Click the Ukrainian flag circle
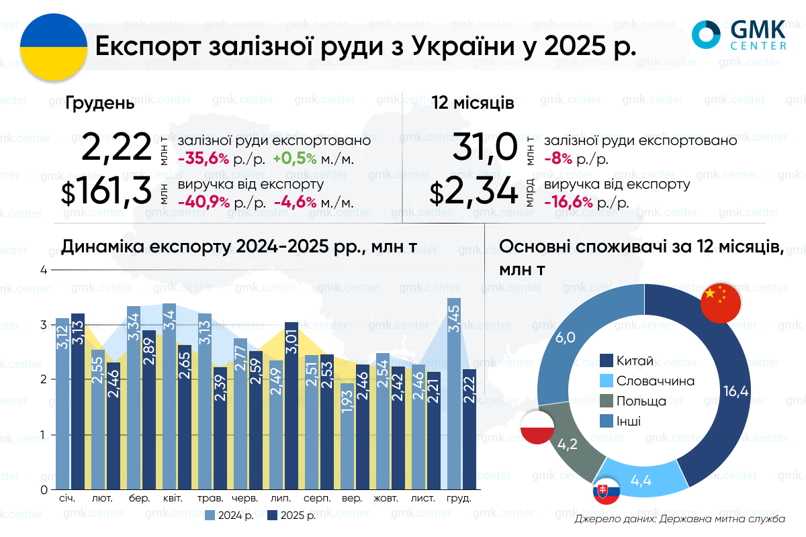coord(54,48)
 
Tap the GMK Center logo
coord(740,36)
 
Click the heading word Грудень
coord(100,104)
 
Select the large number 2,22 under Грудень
coord(117,147)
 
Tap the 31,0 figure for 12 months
coord(484,147)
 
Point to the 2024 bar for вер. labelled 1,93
coord(347,436)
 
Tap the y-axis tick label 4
coord(44,271)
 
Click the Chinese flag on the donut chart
coord(720,303)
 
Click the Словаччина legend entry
coord(647,381)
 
